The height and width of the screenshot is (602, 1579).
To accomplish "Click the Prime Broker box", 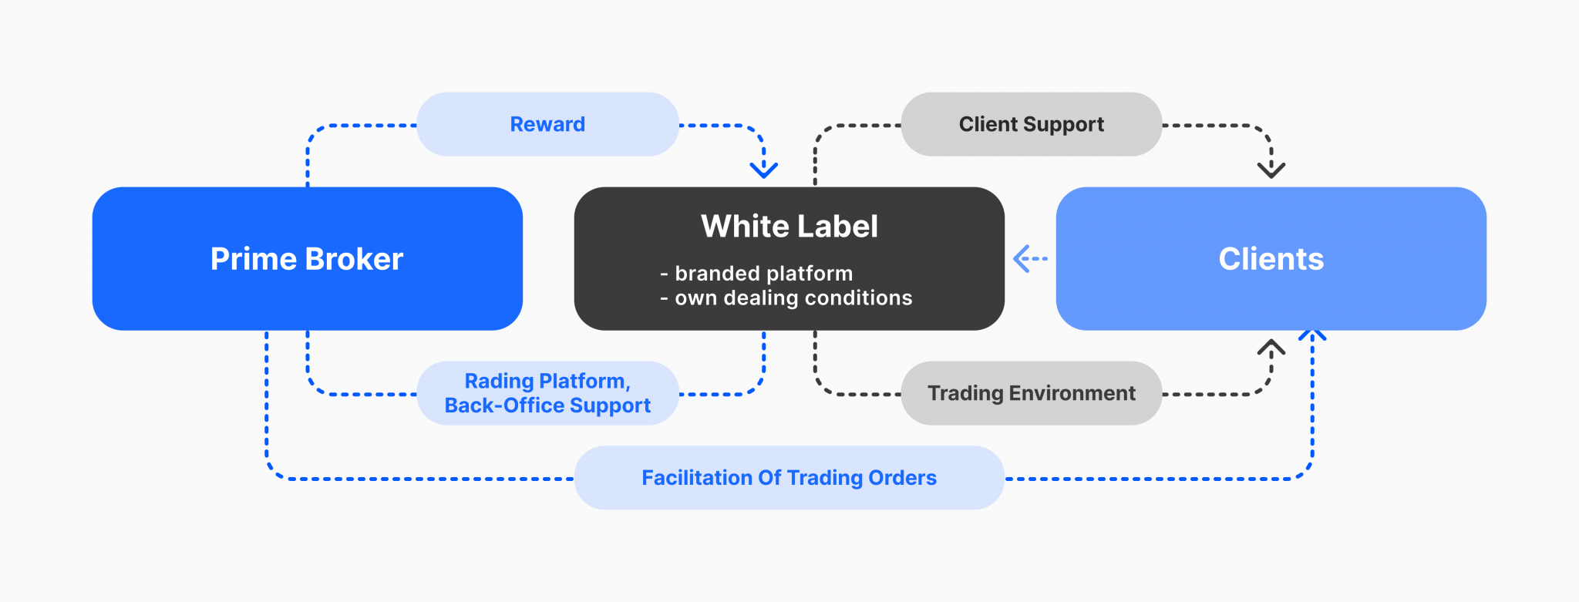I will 307,259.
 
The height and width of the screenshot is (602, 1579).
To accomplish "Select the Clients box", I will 1271,259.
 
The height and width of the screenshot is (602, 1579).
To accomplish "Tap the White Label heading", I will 789,227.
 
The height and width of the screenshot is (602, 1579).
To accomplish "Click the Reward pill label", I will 547,124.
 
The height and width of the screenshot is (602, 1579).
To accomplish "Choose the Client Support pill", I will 1031,124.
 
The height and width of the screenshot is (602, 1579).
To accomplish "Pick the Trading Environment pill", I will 1031,393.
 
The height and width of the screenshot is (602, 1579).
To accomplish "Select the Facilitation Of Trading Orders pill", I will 789,478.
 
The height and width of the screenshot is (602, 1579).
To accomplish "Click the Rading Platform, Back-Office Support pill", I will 547,393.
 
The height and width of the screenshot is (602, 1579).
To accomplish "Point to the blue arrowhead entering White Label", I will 763,169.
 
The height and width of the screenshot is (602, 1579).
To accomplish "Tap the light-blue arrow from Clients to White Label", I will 1029,259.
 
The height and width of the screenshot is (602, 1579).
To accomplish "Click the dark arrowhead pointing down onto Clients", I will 1271,169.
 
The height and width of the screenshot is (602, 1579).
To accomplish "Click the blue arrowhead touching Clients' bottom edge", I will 1312,335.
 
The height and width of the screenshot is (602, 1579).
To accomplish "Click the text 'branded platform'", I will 763,274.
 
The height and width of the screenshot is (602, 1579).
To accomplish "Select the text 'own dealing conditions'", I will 793,298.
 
